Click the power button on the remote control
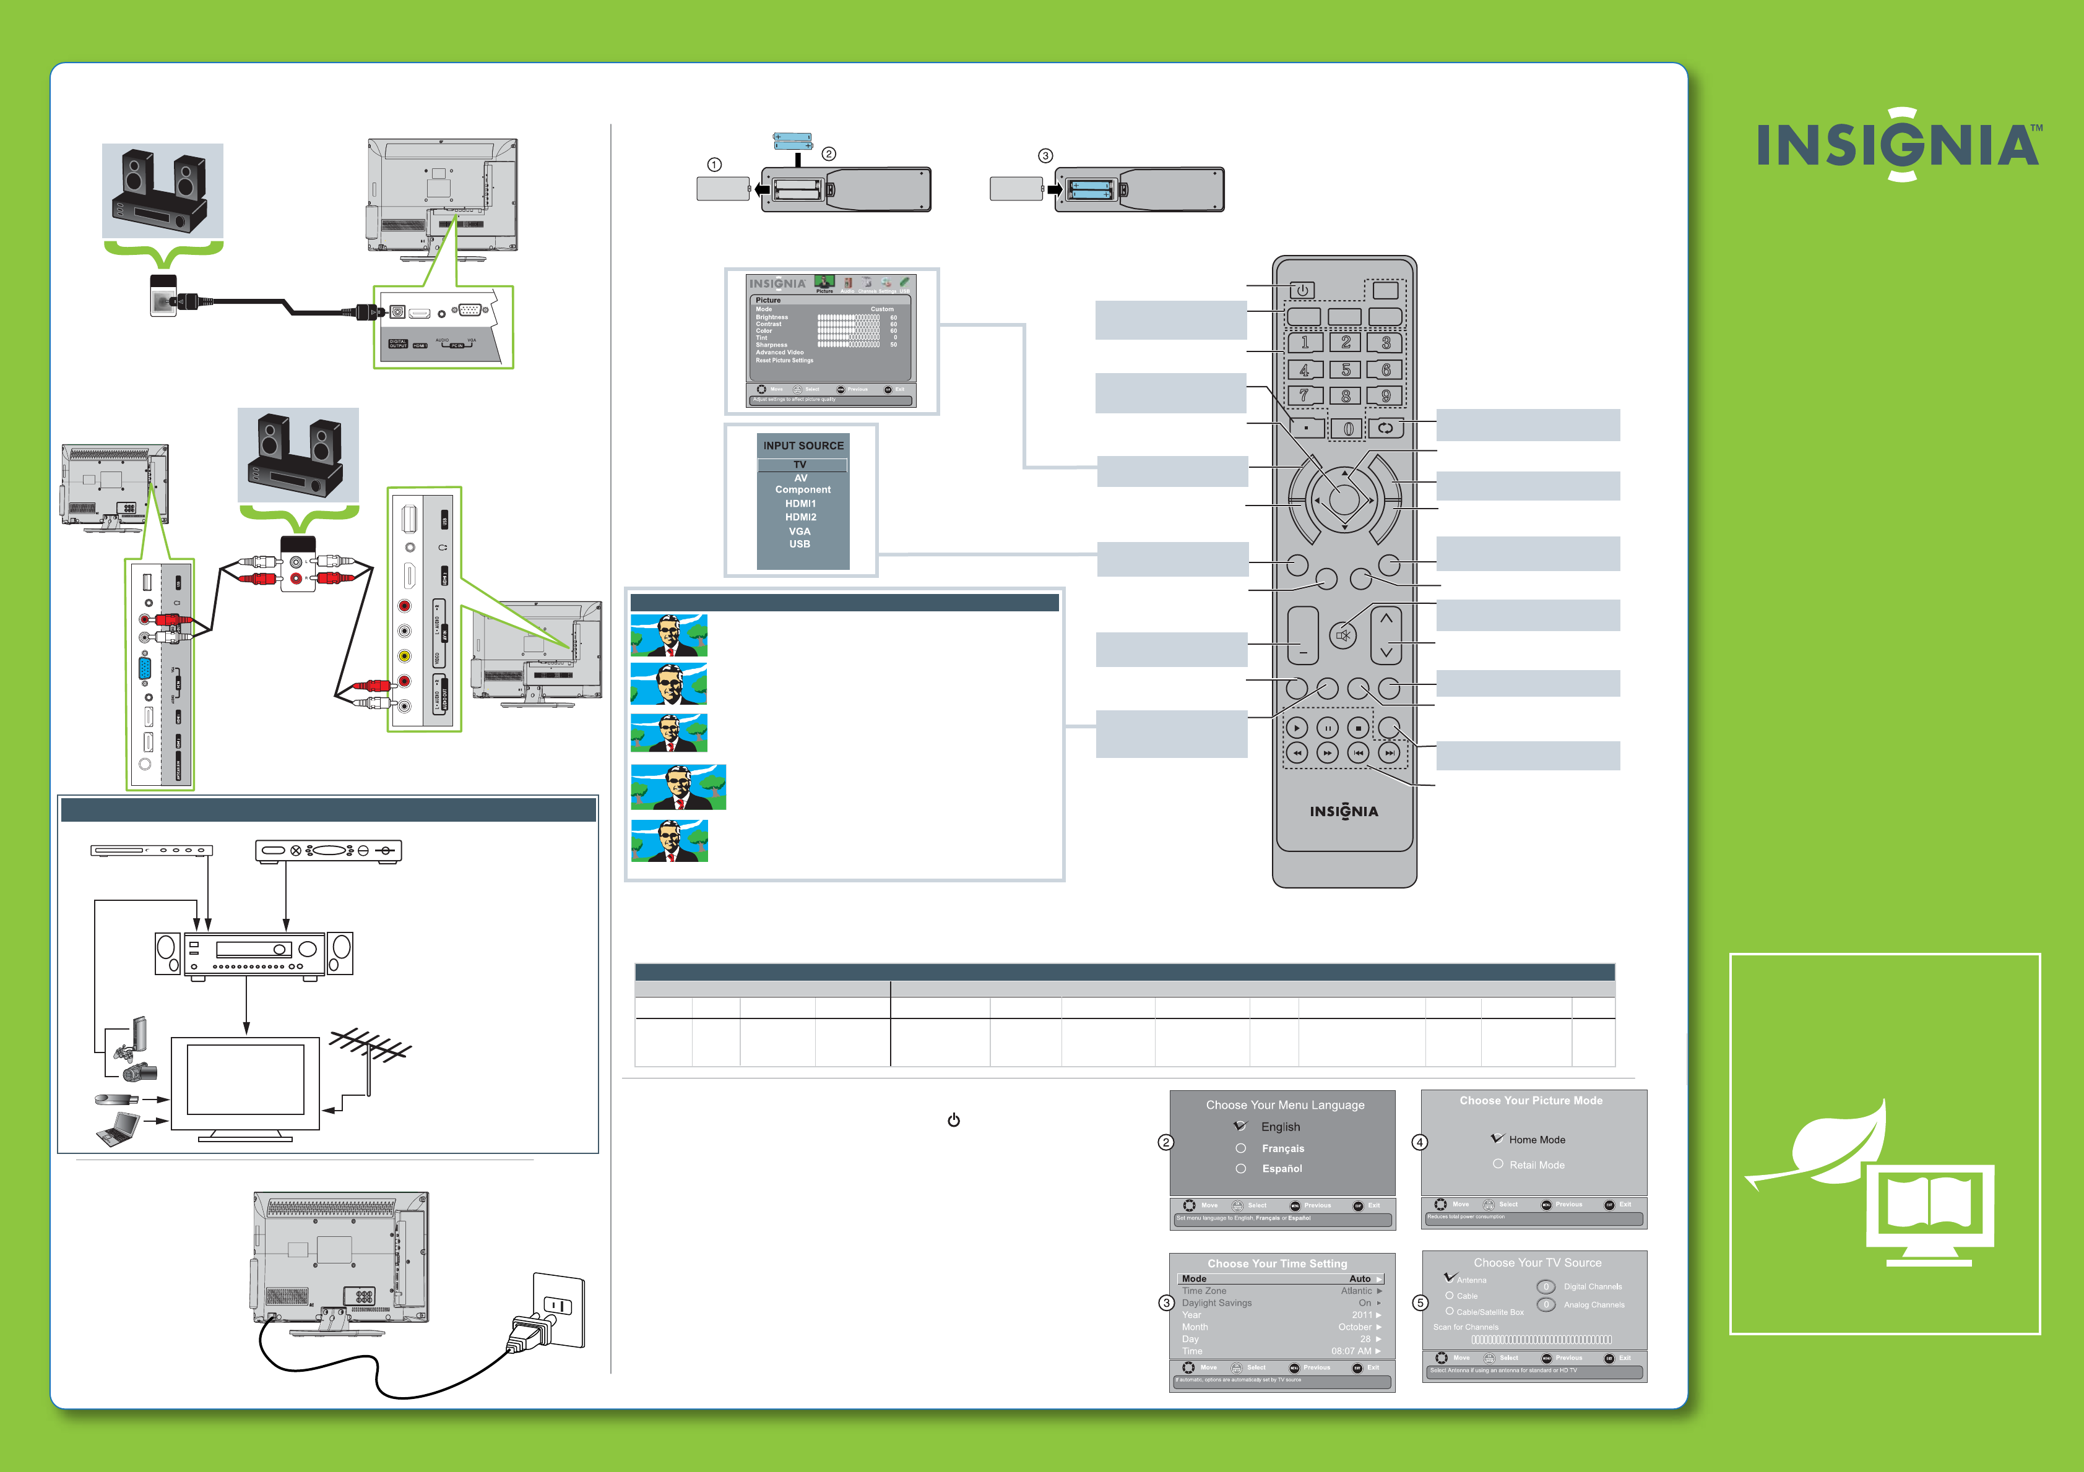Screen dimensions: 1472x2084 click(x=1302, y=290)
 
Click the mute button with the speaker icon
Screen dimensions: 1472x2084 click(x=1343, y=635)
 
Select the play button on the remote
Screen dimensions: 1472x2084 click(x=1297, y=728)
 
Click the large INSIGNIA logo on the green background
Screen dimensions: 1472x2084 click(x=1898, y=145)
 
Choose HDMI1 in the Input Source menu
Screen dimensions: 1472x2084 click(x=800, y=504)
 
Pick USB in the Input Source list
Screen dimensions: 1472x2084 click(x=800, y=544)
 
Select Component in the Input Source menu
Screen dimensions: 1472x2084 click(x=802, y=490)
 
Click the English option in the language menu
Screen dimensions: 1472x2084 click(x=1280, y=1126)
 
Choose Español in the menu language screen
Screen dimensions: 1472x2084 click(x=1282, y=1169)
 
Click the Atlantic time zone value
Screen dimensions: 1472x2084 click(x=1357, y=1291)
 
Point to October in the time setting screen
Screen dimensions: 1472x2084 click(x=1355, y=1327)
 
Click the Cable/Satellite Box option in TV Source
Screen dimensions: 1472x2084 click(x=1489, y=1312)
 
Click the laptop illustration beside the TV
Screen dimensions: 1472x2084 click(x=118, y=1130)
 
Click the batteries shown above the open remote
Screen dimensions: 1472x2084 click(x=792, y=140)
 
